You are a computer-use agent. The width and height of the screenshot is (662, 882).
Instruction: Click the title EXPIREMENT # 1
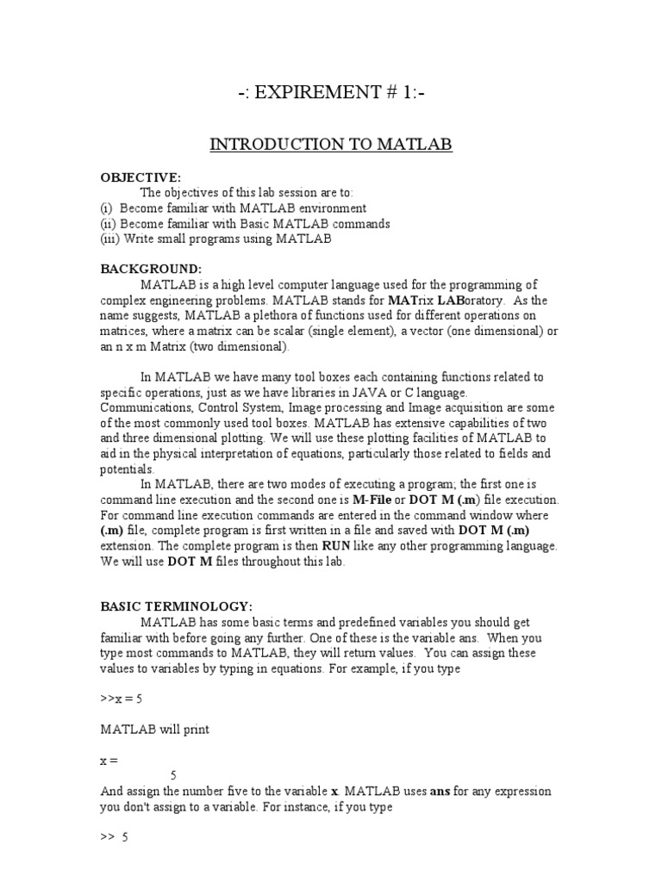331,93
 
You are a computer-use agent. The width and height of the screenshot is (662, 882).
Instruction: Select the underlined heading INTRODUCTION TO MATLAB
331,145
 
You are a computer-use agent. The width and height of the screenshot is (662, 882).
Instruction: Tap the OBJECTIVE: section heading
141,177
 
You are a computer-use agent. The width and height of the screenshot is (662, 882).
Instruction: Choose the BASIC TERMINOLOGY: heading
178,606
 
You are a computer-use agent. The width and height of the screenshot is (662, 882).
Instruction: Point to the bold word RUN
335,547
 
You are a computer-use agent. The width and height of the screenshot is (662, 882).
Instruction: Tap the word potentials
128,470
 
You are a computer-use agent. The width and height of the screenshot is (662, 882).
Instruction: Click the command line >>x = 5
121,699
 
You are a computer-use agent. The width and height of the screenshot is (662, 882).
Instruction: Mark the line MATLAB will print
155,730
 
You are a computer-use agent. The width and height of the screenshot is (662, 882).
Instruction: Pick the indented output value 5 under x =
174,775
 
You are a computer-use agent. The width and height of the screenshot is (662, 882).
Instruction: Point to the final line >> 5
115,837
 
